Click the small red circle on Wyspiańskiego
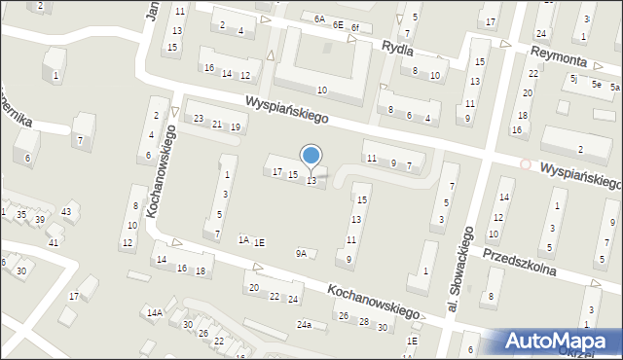point(526,163)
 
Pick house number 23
point(199,119)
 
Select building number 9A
point(302,254)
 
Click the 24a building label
point(305,324)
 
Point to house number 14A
point(154,312)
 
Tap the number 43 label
point(66,211)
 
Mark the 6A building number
point(319,18)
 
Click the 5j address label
point(575,78)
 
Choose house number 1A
point(244,239)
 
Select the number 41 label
point(55,242)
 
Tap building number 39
point(40,220)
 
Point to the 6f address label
point(356,27)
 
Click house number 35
point(20,213)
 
